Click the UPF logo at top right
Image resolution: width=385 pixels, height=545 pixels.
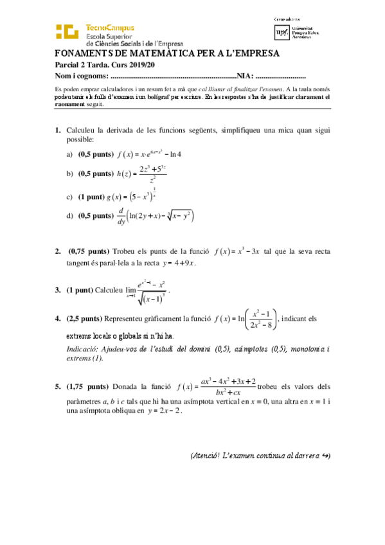(282, 31)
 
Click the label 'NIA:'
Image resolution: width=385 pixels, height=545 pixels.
(246, 76)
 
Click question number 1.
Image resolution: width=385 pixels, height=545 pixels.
(58, 130)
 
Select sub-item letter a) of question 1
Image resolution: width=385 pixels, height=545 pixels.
(69, 154)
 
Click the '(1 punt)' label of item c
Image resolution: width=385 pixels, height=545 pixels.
(96, 196)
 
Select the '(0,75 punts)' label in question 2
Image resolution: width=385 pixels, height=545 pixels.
(89, 251)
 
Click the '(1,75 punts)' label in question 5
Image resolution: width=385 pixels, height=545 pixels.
(89, 388)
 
